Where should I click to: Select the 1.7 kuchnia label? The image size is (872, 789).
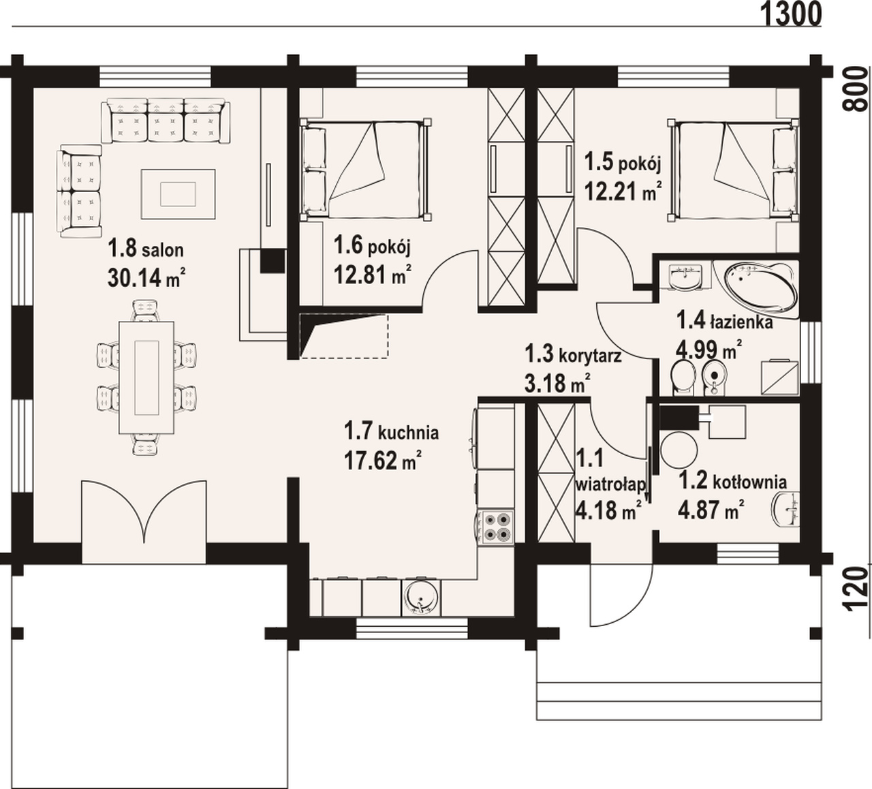(391, 432)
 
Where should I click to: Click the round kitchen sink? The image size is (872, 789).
(420, 596)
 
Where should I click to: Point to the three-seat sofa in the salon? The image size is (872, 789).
(165, 121)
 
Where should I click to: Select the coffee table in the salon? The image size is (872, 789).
(178, 194)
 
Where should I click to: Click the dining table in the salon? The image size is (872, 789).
(146, 377)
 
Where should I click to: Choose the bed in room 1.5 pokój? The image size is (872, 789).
(734, 170)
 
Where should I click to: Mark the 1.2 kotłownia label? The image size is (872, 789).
(732, 482)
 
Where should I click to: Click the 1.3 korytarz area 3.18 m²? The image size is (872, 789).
(558, 383)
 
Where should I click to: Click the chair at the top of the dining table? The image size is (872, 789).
(146, 310)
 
